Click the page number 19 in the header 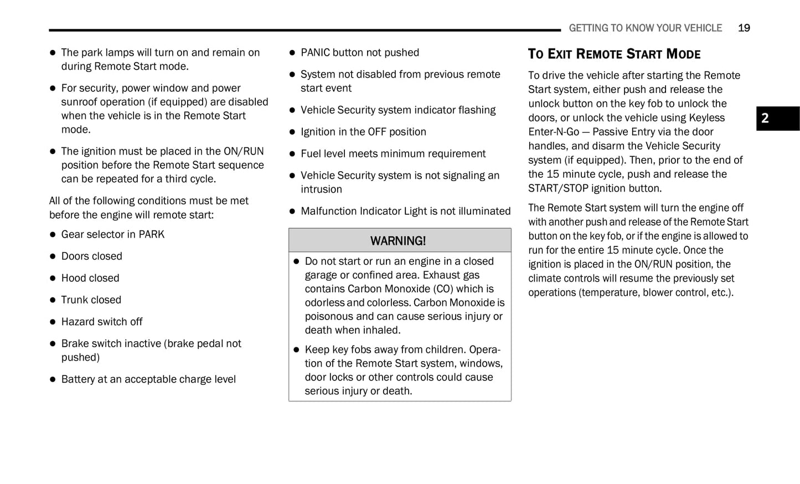tap(744, 28)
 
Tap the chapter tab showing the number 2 tap(777, 119)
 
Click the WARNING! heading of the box tap(398, 241)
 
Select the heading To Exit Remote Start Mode tap(614, 54)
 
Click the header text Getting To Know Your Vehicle tap(645, 28)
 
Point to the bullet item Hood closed tap(90, 278)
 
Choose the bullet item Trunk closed tap(91, 300)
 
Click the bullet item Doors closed tap(92, 256)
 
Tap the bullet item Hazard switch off tap(102, 322)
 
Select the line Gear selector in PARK tap(113, 234)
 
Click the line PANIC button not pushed tap(360, 53)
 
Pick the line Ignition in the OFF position tap(363, 132)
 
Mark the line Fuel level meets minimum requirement tap(393, 153)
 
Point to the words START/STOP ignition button tap(595, 188)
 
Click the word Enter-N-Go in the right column tap(553, 132)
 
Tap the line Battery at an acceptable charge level tap(148, 379)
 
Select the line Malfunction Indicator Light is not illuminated tap(405, 211)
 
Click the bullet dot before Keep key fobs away tap(296, 350)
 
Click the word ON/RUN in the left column tap(244, 151)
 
